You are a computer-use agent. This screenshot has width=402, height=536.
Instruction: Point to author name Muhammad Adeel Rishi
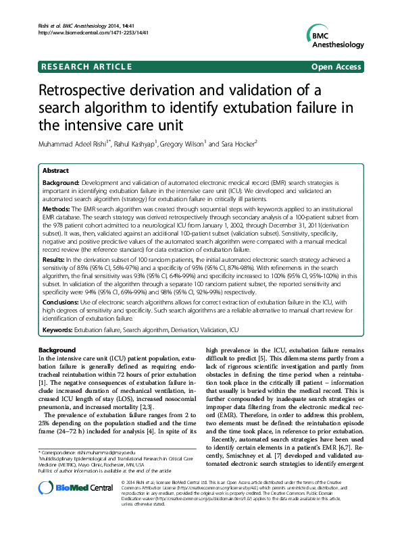tap(73, 144)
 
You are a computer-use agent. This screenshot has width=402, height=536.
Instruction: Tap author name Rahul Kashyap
tap(132, 144)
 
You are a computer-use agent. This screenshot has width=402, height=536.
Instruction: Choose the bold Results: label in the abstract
tap(57, 259)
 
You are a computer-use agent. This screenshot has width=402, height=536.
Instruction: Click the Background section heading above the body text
tap(57, 350)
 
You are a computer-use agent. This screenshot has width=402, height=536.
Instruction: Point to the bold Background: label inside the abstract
tap(61, 183)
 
